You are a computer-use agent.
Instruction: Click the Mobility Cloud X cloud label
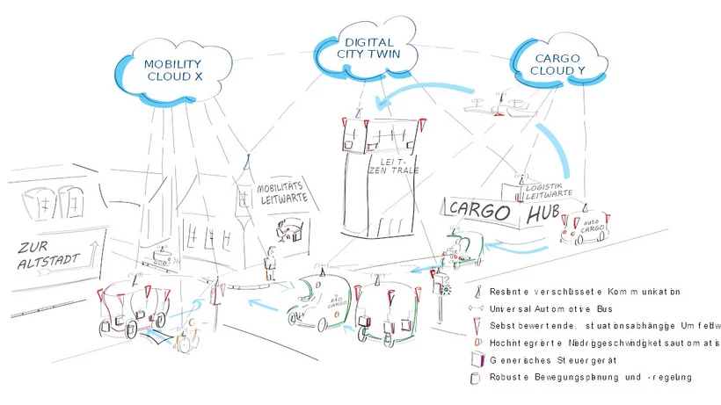point(173,70)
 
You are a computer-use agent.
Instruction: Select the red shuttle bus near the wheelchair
point(132,307)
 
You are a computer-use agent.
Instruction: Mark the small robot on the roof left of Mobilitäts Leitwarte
point(160,257)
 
